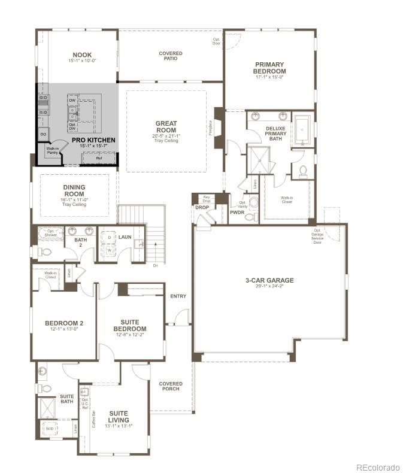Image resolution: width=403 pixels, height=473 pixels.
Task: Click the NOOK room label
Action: [x=82, y=54]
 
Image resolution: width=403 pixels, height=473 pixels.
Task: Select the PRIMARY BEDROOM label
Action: [x=269, y=68]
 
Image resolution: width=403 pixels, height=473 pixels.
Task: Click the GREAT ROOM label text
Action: [x=166, y=127]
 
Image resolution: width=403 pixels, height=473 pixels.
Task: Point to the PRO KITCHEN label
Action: [x=93, y=140]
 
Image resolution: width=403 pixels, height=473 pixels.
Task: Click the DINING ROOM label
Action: [x=74, y=190]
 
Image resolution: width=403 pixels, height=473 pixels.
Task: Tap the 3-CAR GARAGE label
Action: [x=269, y=280]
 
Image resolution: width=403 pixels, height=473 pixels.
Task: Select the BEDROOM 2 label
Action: [x=64, y=323]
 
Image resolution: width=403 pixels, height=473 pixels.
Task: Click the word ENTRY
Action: [x=178, y=296]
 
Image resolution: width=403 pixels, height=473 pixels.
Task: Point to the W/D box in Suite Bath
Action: [x=49, y=429]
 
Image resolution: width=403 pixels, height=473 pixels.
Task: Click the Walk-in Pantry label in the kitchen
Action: [x=52, y=150]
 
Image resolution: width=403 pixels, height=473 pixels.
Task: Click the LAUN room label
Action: [x=125, y=237]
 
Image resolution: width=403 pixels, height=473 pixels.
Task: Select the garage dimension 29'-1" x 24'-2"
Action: [x=269, y=287]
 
